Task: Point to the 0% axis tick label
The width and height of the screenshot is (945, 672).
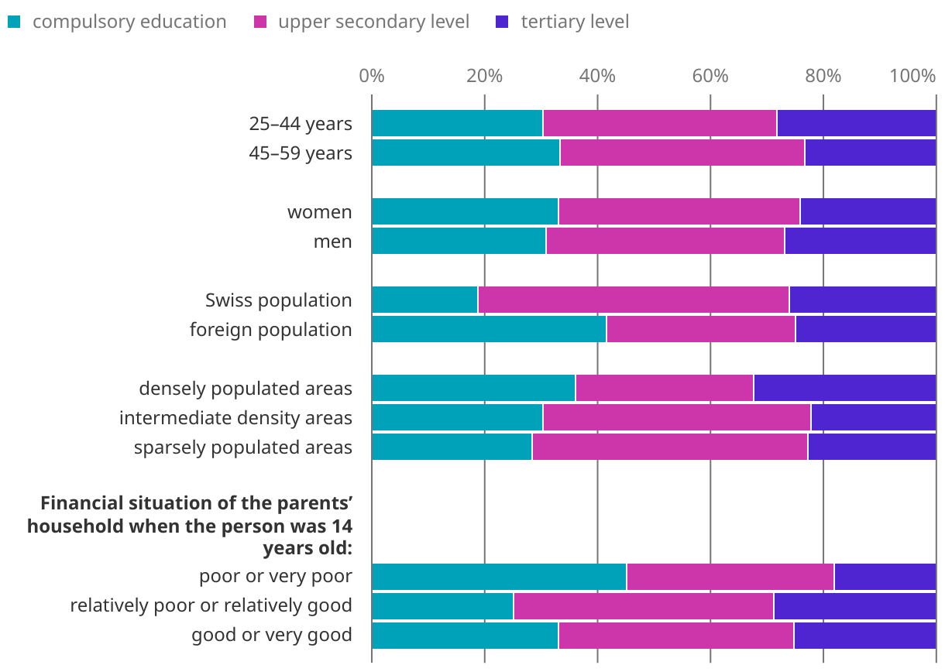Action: [x=372, y=76]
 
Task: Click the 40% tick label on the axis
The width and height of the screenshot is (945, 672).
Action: [x=597, y=76]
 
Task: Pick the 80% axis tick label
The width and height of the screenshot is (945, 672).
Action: [x=823, y=76]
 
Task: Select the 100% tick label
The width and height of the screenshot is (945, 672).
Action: [x=912, y=76]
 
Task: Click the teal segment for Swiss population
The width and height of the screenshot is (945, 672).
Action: [x=424, y=300]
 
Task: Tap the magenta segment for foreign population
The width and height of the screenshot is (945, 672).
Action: [x=700, y=329]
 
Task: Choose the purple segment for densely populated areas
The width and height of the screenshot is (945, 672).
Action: [x=844, y=388]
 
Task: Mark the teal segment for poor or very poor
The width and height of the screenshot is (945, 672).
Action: [x=499, y=577]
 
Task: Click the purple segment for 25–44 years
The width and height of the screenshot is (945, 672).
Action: [x=856, y=123]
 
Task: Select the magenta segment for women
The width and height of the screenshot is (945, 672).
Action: [x=679, y=211]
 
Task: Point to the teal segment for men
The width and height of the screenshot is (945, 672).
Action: [x=459, y=241]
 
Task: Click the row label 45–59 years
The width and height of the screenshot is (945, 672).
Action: [x=300, y=153]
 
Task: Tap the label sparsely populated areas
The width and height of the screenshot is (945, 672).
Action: [x=242, y=447]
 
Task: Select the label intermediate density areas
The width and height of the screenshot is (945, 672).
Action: [x=235, y=418]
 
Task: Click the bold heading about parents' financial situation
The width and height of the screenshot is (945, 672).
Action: [x=190, y=526]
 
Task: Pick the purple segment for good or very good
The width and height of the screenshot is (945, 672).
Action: [x=864, y=636]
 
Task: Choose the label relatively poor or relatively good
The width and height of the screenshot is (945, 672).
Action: [x=211, y=605]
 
